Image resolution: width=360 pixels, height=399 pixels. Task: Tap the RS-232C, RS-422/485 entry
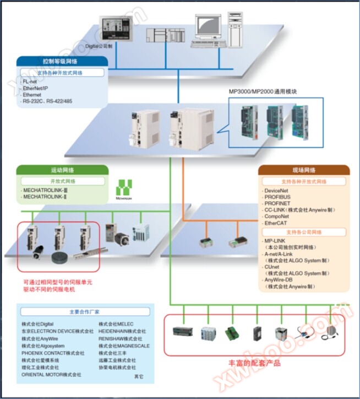(48, 101)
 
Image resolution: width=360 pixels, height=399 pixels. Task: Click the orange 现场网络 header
(303, 170)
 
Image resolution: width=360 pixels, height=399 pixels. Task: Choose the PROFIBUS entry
(277, 197)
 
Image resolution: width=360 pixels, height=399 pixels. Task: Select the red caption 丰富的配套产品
(254, 363)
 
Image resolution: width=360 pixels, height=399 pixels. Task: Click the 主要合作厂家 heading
(85, 311)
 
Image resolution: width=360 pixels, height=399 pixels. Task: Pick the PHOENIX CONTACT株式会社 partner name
(53, 353)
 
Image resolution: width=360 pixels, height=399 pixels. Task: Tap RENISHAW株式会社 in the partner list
(121, 338)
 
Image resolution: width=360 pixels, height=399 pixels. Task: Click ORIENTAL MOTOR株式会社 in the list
(51, 374)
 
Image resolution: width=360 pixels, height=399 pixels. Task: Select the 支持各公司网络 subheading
(304, 232)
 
